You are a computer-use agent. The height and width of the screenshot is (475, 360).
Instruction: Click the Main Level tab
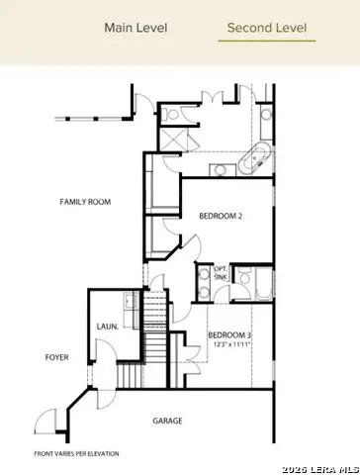tap(137, 28)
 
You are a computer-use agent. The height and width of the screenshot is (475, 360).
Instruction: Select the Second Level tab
tap(266, 28)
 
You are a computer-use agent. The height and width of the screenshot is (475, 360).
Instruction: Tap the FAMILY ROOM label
tap(84, 202)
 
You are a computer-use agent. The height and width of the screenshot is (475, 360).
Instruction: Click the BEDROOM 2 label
tap(223, 215)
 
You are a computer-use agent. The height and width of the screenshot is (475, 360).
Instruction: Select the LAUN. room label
tap(108, 326)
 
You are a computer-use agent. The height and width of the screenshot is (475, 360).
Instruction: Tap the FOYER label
tap(55, 357)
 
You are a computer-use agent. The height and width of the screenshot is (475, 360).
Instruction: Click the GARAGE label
tap(167, 422)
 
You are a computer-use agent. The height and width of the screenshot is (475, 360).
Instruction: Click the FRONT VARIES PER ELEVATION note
tap(76, 453)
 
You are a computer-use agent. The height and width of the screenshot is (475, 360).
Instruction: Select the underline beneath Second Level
tap(266, 42)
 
